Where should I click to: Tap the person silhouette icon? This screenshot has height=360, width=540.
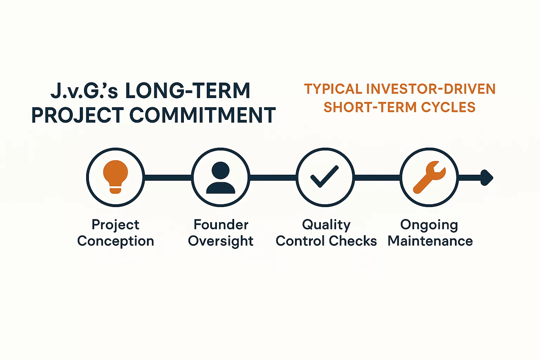[x=220, y=178]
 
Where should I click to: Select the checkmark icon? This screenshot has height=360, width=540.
[x=325, y=176]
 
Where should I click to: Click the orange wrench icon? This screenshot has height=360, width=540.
[x=429, y=177]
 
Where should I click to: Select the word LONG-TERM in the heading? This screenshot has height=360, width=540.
[x=188, y=91]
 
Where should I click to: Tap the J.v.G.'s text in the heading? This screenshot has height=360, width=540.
[x=84, y=91]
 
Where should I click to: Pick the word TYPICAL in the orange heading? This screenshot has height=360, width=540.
[x=333, y=89]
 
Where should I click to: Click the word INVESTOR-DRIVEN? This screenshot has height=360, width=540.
[x=431, y=89]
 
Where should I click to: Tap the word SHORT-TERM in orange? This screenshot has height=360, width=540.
[x=370, y=107]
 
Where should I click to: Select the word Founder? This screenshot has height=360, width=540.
[x=221, y=225]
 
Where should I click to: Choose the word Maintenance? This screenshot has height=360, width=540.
[x=430, y=241]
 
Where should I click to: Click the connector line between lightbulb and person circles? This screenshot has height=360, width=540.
[x=168, y=178]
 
